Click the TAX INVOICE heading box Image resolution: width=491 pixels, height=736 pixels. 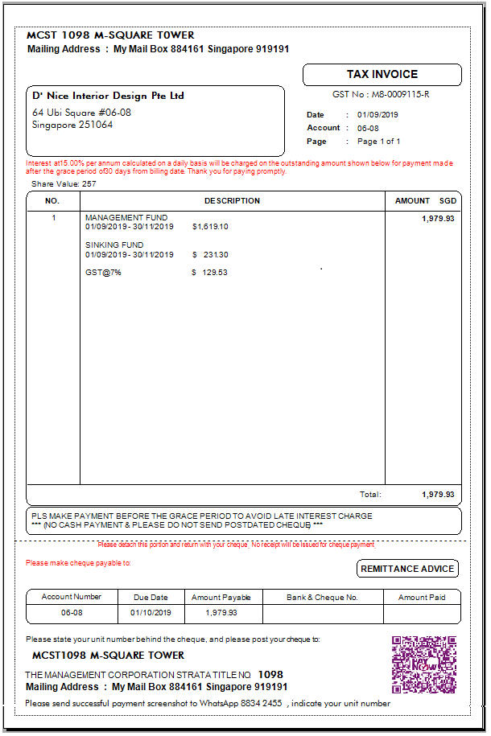coord(382,74)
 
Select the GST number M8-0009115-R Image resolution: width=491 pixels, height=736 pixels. coord(400,94)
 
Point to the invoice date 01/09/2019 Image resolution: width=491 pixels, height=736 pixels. coord(378,115)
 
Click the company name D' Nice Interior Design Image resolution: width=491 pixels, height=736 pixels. coord(108,96)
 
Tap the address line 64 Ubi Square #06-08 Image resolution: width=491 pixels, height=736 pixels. coord(81,113)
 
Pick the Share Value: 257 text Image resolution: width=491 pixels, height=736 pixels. coord(64,184)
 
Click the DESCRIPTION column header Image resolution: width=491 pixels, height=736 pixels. coord(232,201)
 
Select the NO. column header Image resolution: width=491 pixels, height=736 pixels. coord(52,201)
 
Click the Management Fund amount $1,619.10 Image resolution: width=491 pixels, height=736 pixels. coord(210,227)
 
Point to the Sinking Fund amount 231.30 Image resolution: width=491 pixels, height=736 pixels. coord(216,255)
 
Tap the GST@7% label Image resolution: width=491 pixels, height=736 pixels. coord(103,273)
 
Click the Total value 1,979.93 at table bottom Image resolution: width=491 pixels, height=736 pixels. coord(438,495)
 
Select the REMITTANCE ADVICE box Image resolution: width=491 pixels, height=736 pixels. coord(407,569)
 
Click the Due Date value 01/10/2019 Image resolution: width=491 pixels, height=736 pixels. coord(151,613)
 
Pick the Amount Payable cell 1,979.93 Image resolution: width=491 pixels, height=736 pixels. coord(221,613)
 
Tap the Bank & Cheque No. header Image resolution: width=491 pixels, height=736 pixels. coord(322,597)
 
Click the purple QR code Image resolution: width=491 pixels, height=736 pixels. coord(423,664)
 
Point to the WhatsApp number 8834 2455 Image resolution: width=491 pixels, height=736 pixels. coord(262,703)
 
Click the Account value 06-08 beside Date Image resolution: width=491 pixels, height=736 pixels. coord(368,128)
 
